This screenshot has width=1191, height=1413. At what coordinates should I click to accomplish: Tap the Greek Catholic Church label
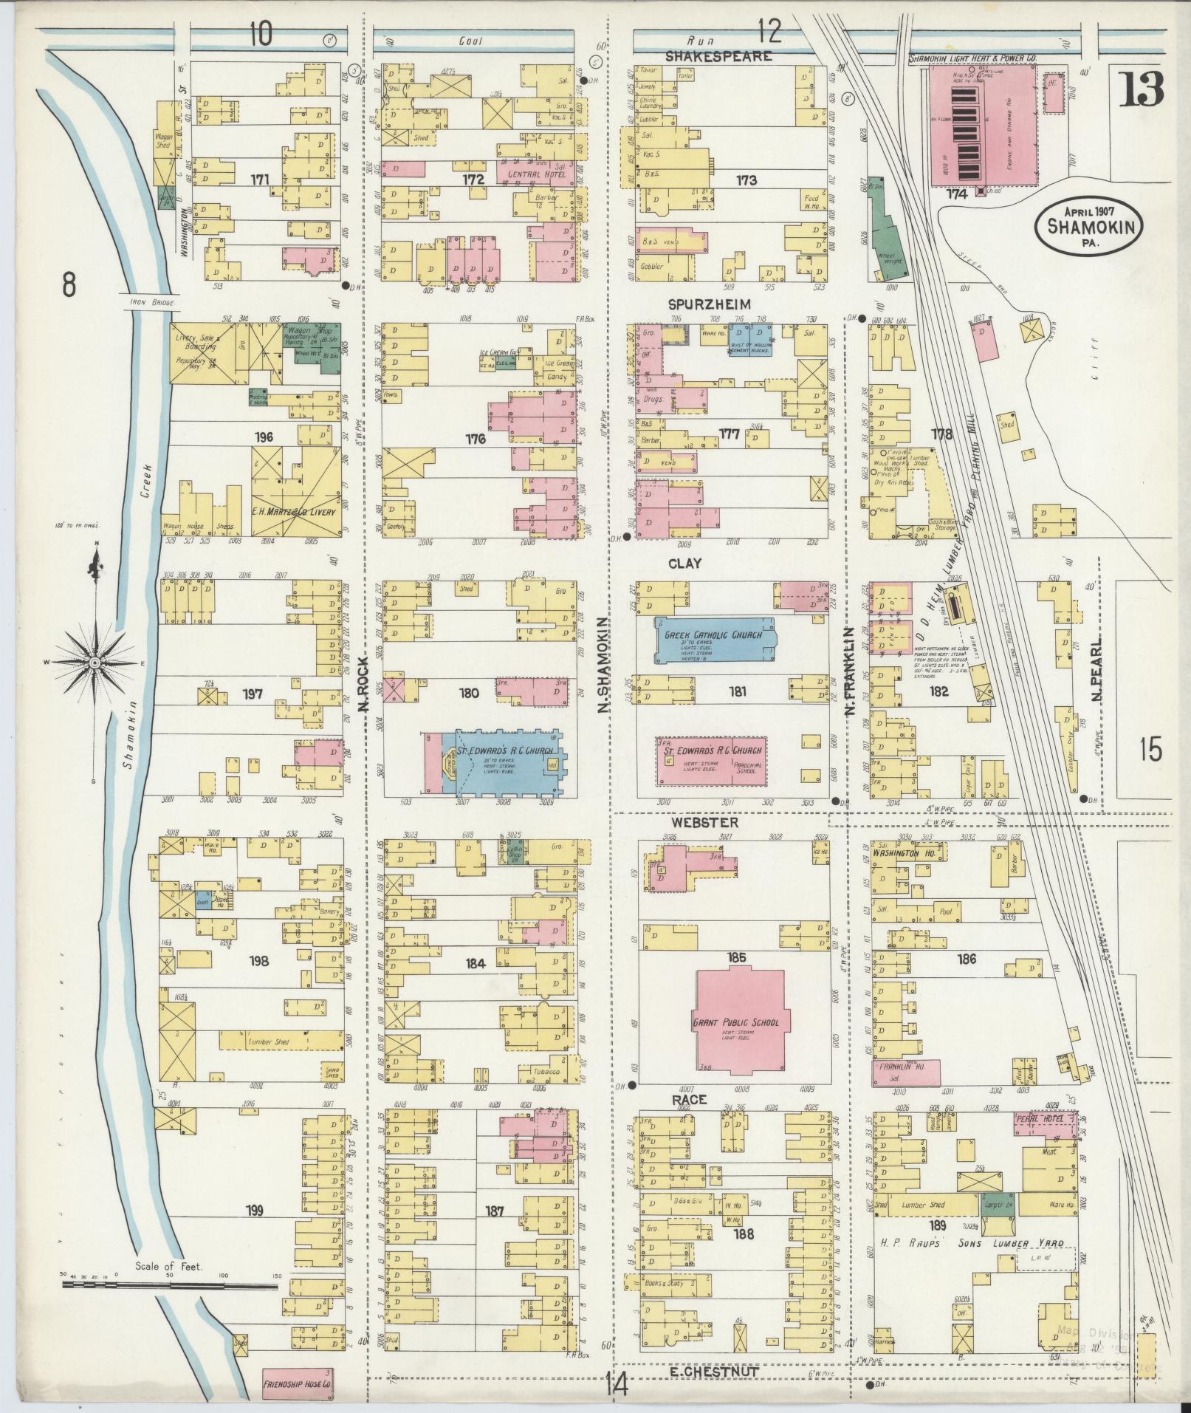714,633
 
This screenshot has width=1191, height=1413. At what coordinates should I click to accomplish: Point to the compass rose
95,664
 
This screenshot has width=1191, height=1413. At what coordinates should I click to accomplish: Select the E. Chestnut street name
704,1370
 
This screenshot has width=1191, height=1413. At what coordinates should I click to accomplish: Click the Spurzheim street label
709,304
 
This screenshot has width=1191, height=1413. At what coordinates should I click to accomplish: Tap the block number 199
255,1210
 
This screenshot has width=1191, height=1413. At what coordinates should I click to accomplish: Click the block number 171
259,179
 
